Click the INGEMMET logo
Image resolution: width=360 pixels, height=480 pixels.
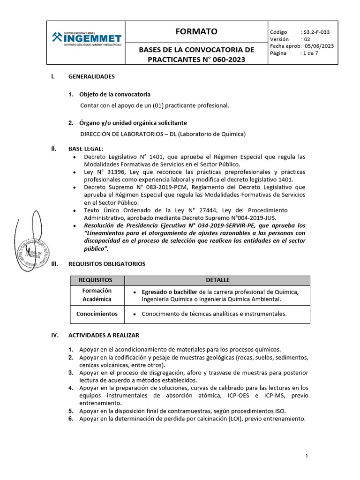(x=86, y=37)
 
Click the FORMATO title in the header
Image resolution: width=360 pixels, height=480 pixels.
(x=196, y=32)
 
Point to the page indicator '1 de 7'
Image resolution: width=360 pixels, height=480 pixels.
(x=310, y=53)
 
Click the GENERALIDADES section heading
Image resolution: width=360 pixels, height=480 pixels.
(x=91, y=76)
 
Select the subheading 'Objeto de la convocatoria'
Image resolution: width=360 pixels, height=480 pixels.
(x=115, y=94)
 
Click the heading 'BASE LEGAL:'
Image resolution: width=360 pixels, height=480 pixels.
(x=86, y=149)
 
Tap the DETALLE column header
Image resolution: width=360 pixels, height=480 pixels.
(x=217, y=280)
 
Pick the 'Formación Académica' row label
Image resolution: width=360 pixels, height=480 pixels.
(x=97, y=295)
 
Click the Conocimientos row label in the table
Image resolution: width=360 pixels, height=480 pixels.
(x=97, y=314)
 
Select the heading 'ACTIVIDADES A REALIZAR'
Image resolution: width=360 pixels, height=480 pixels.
(x=104, y=335)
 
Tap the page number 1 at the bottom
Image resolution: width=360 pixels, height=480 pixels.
(x=306, y=456)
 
